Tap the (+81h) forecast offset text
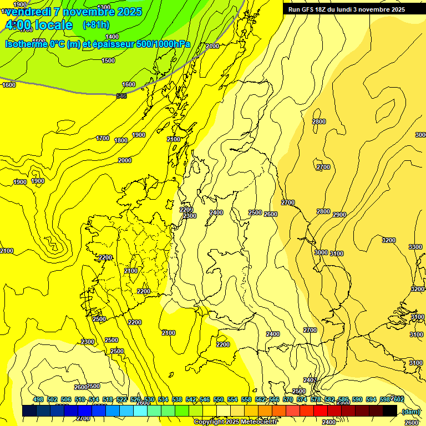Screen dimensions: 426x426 (x=97, y=24)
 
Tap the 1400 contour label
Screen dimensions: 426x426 (x=112, y=37)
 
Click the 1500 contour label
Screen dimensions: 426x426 (x=108, y=60)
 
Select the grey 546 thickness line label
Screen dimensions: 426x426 (x=121, y=96)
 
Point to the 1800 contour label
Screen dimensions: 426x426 (x=121, y=140)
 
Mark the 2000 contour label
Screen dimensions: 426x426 (x=125, y=160)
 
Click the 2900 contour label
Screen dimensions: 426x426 (x=339, y=215)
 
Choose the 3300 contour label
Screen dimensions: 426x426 (x=415, y=247)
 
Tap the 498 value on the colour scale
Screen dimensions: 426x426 (x=38, y=399)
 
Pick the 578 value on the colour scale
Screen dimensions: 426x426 (x=316, y=399)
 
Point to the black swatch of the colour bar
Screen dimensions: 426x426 (x=390, y=410)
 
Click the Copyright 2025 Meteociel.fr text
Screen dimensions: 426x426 (x=236, y=422)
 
